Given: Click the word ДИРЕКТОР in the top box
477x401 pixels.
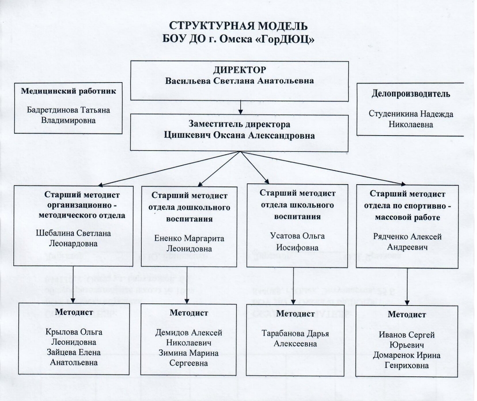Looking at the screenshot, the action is coord(239,70).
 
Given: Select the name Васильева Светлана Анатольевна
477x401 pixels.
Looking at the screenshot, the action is coord(239,81).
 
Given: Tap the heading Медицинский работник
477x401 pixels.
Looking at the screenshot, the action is coord(68,91).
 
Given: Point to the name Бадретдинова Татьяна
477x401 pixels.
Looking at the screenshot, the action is coord(68,110).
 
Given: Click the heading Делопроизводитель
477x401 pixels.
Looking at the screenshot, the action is coord(411,94).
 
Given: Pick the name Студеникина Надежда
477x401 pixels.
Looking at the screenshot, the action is coord(411,114).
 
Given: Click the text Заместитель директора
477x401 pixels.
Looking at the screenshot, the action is coord(239,124).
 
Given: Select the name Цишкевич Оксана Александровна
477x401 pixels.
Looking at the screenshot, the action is coord(239,136).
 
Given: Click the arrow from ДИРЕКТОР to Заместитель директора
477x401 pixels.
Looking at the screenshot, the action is coord(240,107).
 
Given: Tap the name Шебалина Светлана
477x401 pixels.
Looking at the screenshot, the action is coord(73,233).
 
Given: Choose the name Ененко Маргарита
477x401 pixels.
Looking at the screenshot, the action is coord(189,238).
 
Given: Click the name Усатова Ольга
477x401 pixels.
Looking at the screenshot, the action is coord(297,236).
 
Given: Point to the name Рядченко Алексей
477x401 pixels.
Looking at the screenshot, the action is coord(407,237).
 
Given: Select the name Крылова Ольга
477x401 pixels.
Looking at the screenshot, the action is coord(74,332).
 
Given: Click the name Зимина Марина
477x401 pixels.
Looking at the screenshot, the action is coord(189,353).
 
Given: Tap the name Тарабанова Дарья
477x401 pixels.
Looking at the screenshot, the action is coord(295,333).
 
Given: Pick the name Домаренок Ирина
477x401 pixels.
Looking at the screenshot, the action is coord(407,356).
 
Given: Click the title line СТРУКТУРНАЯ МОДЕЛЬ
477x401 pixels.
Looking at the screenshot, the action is coord(238,26).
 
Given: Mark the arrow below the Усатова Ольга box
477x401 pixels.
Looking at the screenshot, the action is coord(293,286).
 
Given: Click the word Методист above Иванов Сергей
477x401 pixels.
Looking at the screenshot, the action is coord(407,314).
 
